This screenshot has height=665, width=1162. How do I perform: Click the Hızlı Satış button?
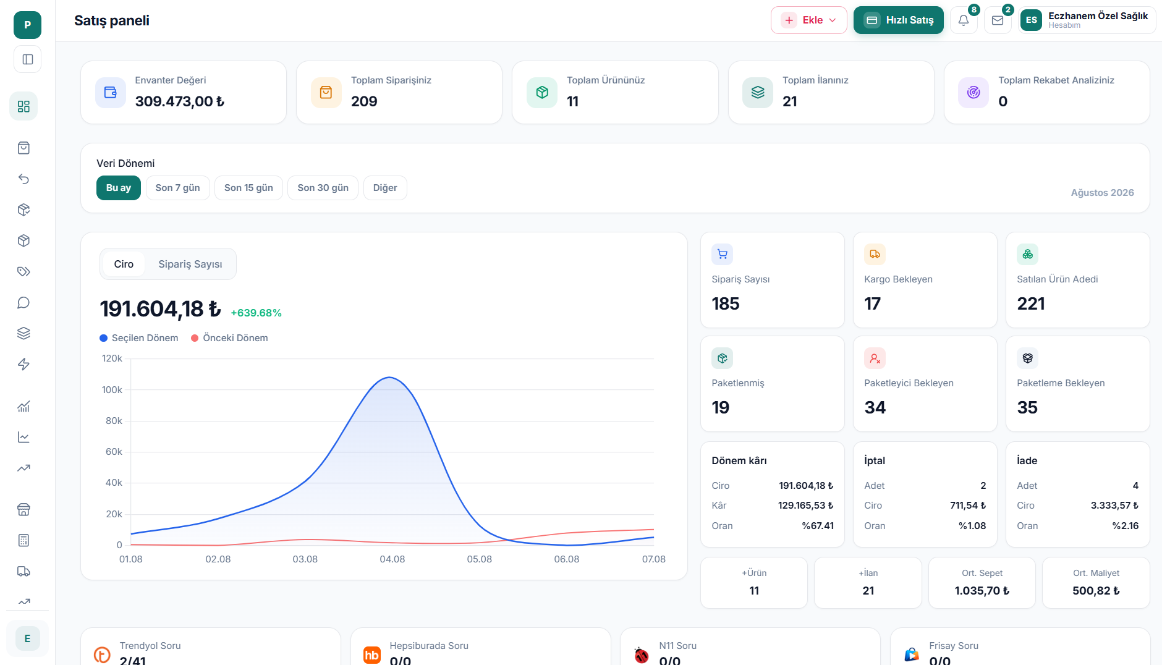coord(898,20)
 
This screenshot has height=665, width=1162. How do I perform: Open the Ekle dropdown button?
coord(808,20)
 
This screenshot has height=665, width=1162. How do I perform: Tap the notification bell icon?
coord(964,20)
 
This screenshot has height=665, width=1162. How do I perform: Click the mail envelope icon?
coord(998,20)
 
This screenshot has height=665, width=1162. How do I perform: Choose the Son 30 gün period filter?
coord(323,188)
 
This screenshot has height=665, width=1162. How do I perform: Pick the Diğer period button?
coord(385,188)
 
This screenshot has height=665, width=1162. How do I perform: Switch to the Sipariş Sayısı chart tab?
coord(190,264)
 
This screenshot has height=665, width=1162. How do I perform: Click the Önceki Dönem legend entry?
coord(229,338)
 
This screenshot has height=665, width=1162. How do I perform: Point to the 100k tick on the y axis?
coord(112,390)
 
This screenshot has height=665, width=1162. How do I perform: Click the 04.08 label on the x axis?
coord(392,559)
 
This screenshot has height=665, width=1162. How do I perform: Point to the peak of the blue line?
coord(389,378)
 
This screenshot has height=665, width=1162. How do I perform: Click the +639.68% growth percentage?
coord(256,313)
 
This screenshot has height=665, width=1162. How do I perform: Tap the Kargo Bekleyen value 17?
coord(872,303)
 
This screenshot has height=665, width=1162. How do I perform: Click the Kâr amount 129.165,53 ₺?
coord(805,506)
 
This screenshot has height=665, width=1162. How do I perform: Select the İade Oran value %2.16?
coord(1125,526)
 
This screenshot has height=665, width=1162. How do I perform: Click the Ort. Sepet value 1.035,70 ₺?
coord(982,591)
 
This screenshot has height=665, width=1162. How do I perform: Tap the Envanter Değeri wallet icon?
coord(111,93)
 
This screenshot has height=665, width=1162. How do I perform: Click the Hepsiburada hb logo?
coord(372,655)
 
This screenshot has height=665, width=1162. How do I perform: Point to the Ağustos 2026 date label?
coord(1102,193)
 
